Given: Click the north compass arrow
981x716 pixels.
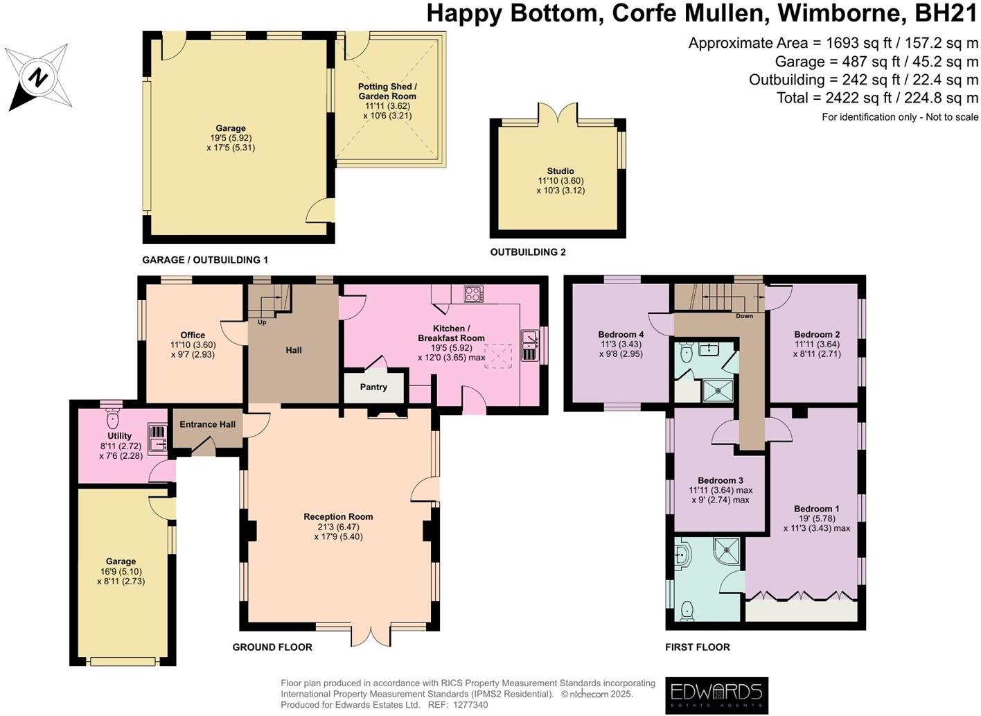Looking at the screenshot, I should click(x=37, y=76).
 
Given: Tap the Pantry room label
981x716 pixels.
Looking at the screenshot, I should click(x=373, y=387).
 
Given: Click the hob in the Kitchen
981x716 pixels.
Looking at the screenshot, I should click(x=474, y=294).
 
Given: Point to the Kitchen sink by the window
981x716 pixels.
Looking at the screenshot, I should click(x=530, y=346).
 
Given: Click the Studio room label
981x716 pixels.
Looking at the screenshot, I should click(x=560, y=171).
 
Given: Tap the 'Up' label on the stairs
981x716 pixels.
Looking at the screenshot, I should click(x=262, y=322).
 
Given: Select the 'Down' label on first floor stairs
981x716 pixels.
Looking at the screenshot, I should click(x=744, y=316).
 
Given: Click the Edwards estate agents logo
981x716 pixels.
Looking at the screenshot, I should click(x=716, y=694).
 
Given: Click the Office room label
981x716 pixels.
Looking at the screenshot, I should click(x=193, y=335).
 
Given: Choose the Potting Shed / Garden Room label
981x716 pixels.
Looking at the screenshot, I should click(x=387, y=91).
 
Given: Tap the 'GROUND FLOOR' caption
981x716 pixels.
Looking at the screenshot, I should click(x=272, y=647).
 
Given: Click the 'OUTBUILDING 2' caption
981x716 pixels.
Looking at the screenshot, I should click(x=528, y=252).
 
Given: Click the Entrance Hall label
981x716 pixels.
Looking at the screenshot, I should click(x=207, y=424).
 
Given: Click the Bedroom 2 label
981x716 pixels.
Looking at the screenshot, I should click(x=817, y=334).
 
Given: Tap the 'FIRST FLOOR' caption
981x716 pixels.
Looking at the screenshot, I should click(x=697, y=647).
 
